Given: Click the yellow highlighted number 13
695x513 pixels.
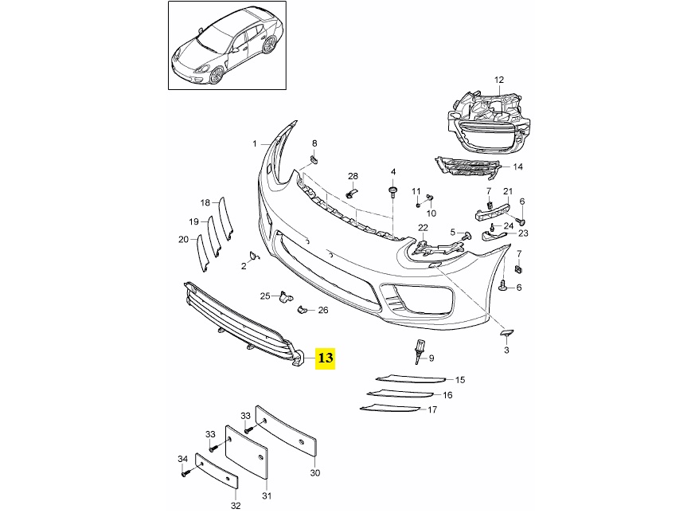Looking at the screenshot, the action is click(325, 358).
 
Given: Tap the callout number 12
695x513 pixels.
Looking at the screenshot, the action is click(499, 80).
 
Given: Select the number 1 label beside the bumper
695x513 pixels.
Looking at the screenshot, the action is click(255, 143).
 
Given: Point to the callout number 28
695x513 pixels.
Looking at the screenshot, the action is click(353, 176).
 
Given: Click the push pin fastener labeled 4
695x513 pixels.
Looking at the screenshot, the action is click(392, 191).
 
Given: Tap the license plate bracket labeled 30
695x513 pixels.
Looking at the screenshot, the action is click(287, 430).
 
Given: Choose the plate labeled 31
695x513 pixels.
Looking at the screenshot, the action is click(247, 452).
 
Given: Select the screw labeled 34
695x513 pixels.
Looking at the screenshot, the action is click(185, 473).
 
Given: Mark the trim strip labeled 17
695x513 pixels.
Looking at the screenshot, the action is click(389, 409).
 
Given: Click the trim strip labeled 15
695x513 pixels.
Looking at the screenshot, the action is click(410, 379).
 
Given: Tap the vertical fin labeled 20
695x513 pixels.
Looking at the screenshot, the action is click(202, 252).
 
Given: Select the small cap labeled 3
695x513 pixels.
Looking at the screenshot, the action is click(507, 332).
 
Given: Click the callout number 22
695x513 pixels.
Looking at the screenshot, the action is click(423, 228).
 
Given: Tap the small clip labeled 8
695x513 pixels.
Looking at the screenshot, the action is click(314, 159).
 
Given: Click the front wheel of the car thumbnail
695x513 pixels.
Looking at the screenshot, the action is click(217, 75).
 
